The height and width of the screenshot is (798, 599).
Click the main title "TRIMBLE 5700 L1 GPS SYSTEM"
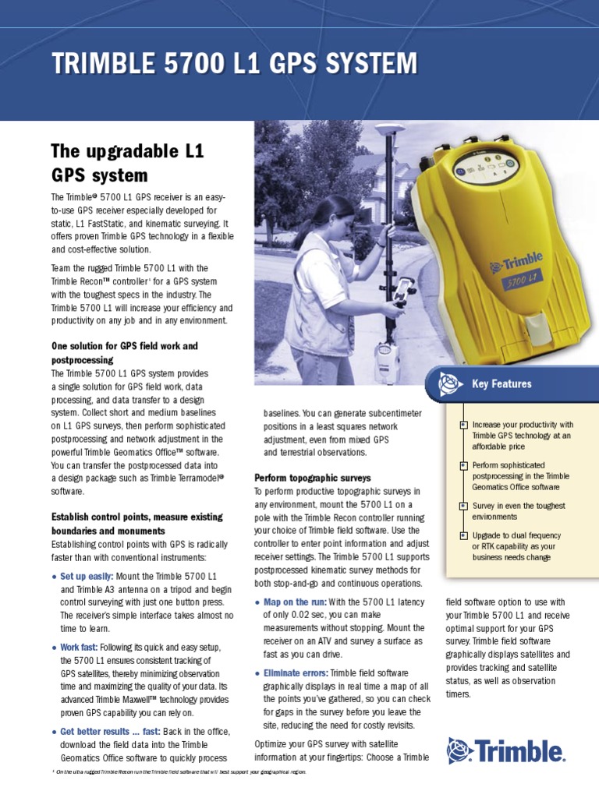[234, 64]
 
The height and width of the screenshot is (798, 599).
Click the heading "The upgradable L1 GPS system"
[127, 162]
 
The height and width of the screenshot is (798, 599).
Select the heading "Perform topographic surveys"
[313, 477]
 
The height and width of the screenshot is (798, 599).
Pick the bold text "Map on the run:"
[295, 602]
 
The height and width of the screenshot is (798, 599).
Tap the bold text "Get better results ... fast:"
[110, 731]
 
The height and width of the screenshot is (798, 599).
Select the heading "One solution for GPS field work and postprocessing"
[125, 352]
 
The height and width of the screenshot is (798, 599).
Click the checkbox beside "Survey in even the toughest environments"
[463, 506]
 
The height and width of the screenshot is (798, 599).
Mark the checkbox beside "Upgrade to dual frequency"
[463, 535]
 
